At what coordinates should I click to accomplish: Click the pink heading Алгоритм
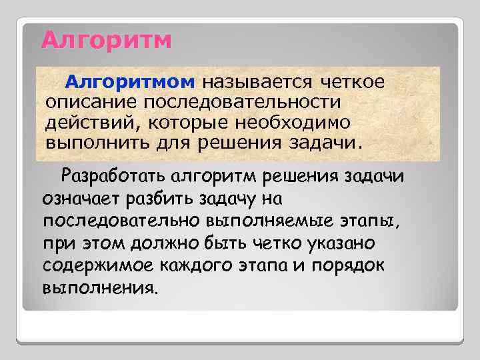[x=106, y=40]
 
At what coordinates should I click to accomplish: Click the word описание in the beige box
[x=87, y=103]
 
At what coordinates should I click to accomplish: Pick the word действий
[x=80, y=123]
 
